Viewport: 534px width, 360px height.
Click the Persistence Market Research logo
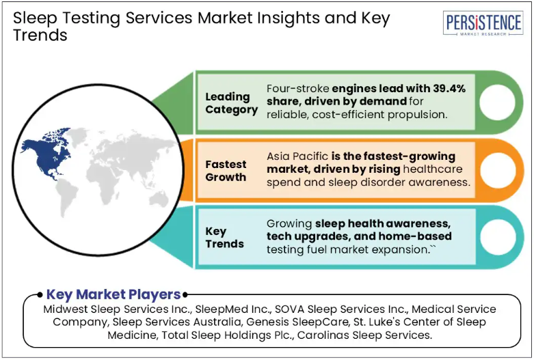pyautogui.click(x=483, y=23)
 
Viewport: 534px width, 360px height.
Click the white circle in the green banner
pyautogui.click(x=498, y=102)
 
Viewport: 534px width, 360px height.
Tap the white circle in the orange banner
pyautogui.click(x=498, y=169)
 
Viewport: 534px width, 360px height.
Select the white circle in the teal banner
pyautogui.click(x=498, y=237)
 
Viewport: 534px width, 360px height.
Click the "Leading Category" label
pyautogui.click(x=231, y=102)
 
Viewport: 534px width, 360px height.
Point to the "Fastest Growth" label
pyautogui.click(x=226, y=171)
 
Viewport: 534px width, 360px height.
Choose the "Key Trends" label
pyautogui.click(x=224, y=238)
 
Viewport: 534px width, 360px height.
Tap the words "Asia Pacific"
pyautogui.click(x=297, y=156)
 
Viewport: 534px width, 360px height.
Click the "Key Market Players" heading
pyautogui.click(x=114, y=294)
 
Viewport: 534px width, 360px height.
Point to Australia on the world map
pyautogui.click(x=159, y=199)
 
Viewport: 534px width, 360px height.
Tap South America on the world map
pyautogui.click(x=68, y=198)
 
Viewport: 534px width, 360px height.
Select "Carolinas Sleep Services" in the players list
pyautogui.click(x=364, y=335)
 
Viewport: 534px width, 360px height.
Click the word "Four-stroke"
pyautogui.click(x=298, y=89)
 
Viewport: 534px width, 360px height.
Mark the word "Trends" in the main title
pyautogui.click(x=40, y=35)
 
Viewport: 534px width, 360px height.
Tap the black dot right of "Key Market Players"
pyautogui.click(x=185, y=294)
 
